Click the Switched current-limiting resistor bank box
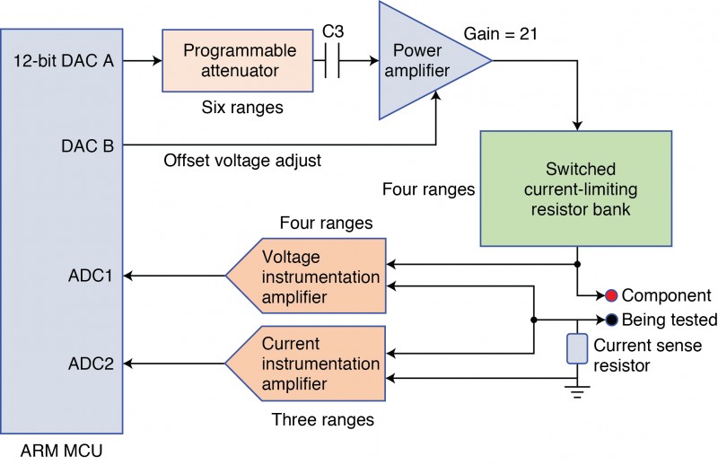575,188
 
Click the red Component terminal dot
610,294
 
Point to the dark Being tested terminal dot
610,320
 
